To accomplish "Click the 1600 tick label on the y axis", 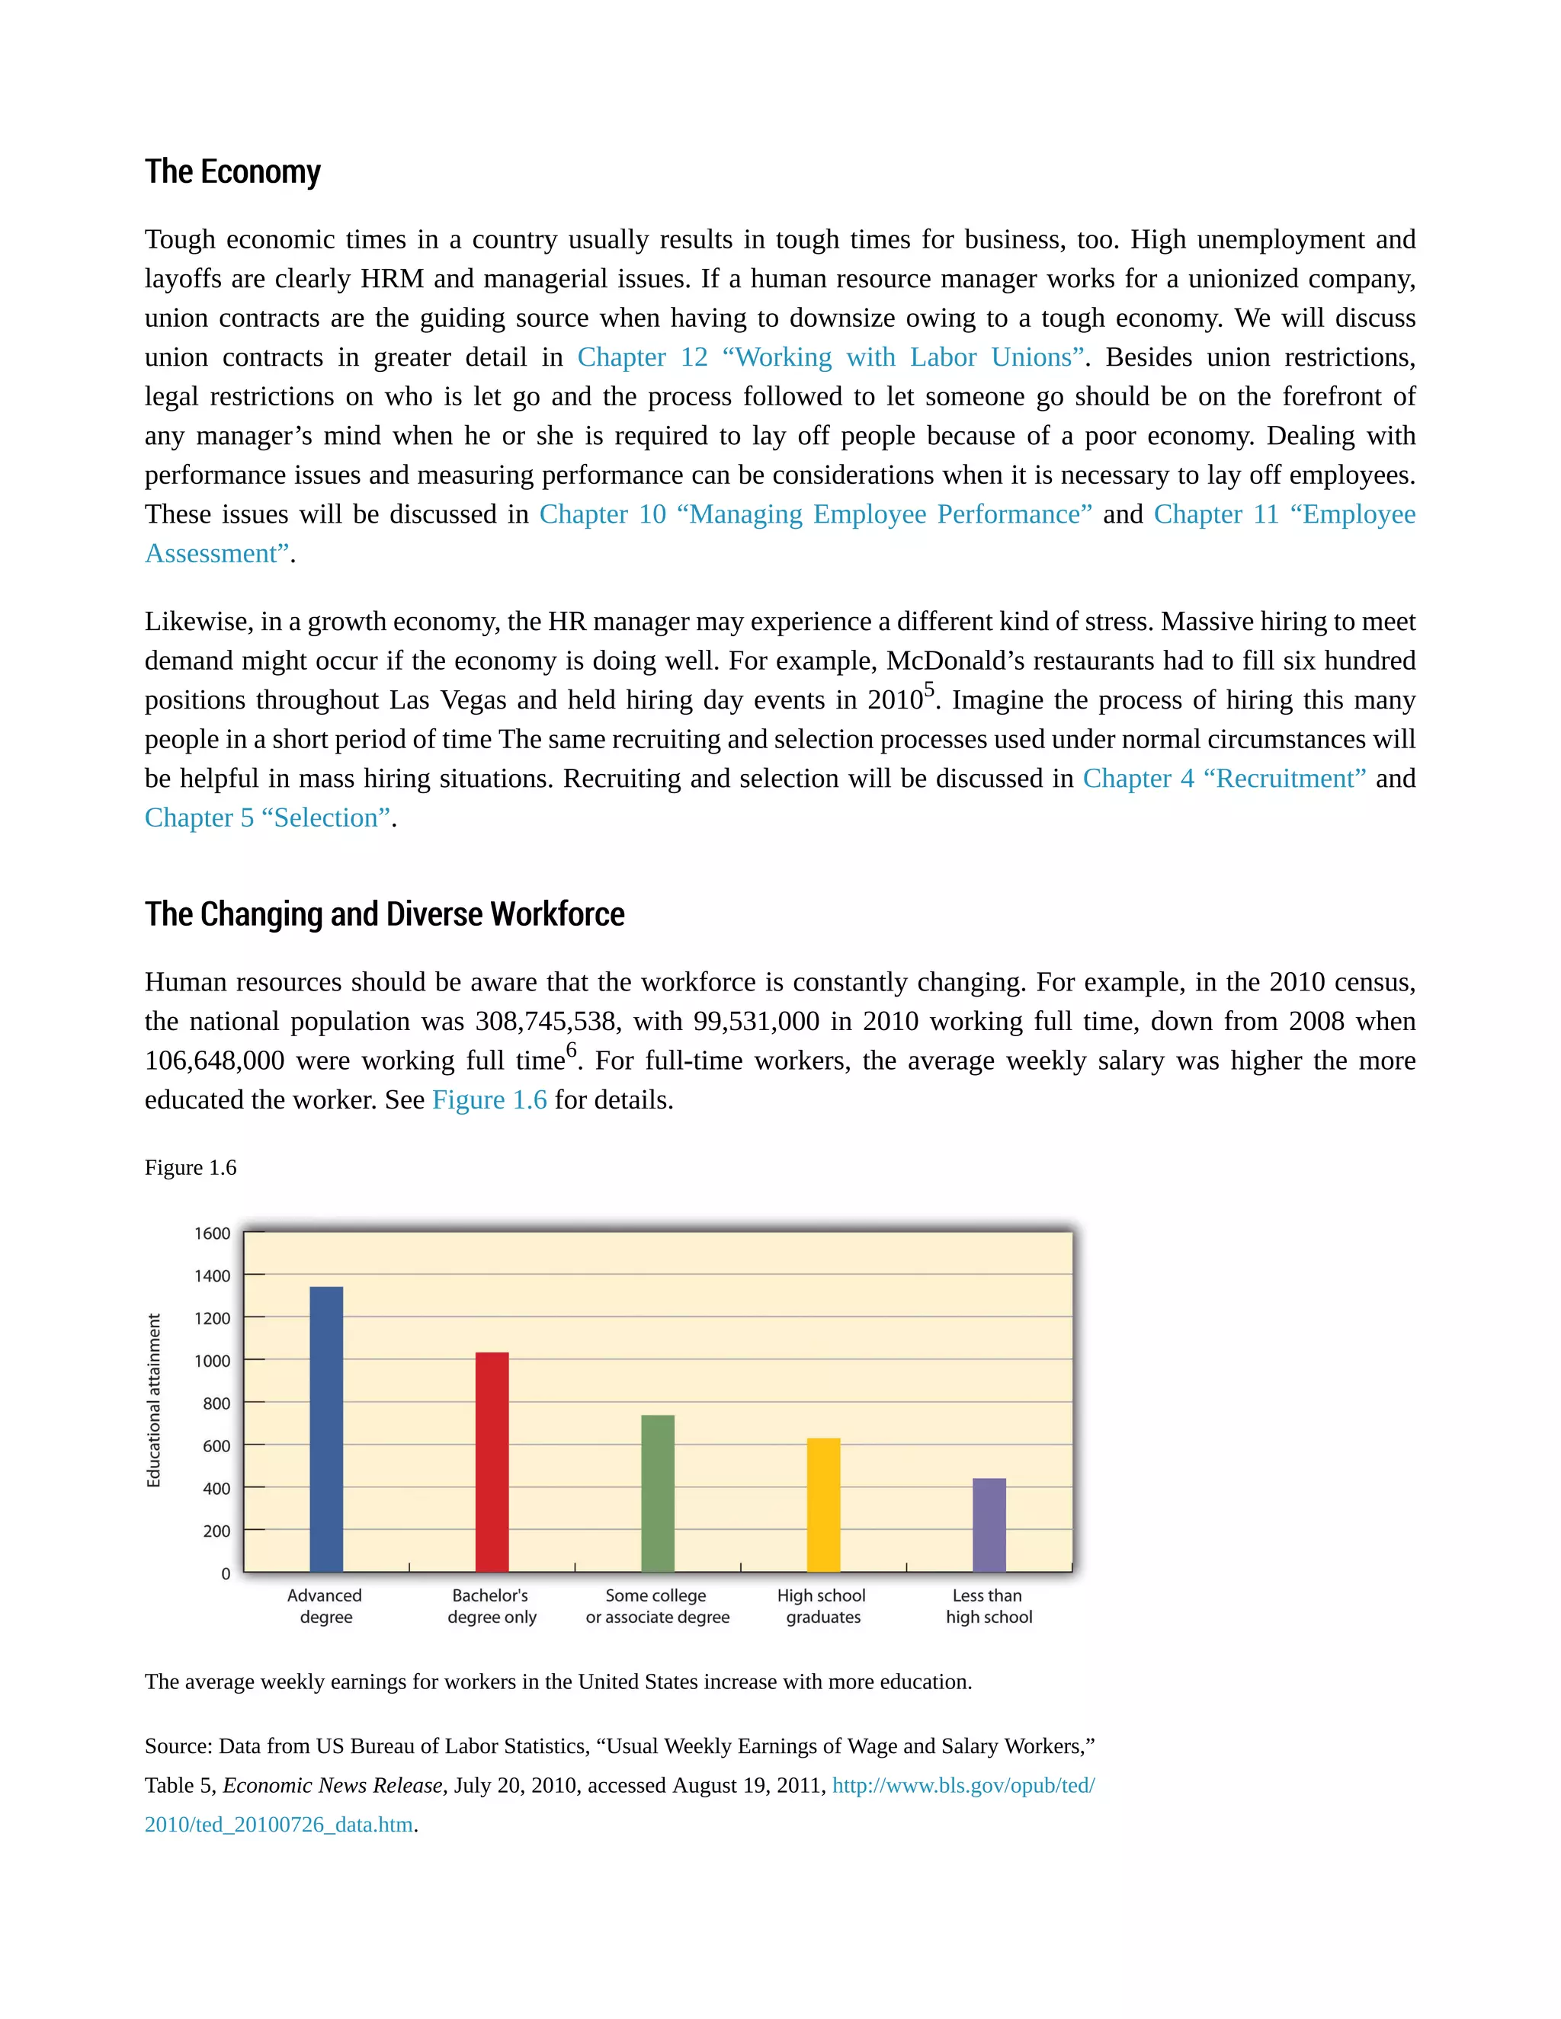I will (x=212, y=1233).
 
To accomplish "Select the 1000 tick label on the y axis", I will (x=212, y=1361).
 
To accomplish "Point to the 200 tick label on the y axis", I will (x=216, y=1531).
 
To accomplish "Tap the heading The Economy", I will (x=232, y=172).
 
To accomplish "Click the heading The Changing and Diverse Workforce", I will (x=384, y=914).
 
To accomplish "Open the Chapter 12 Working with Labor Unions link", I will (x=829, y=357).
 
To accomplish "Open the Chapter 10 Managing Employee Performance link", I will (x=815, y=514).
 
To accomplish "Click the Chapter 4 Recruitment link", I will (x=1223, y=779).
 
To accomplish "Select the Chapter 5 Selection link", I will (x=268, y=818).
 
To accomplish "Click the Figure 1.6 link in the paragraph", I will (x=489, y=1100).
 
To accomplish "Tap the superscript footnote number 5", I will (x=929, y=690).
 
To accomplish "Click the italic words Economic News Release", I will (x=334, y=1785).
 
